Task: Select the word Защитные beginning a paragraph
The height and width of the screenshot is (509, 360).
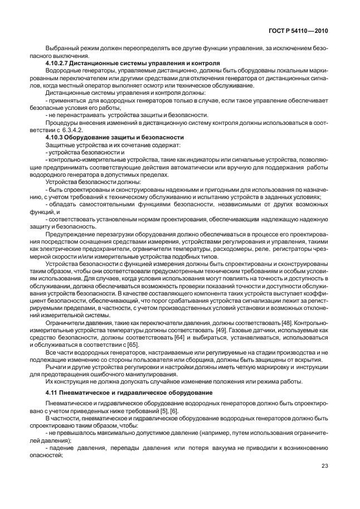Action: coord(60,144)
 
